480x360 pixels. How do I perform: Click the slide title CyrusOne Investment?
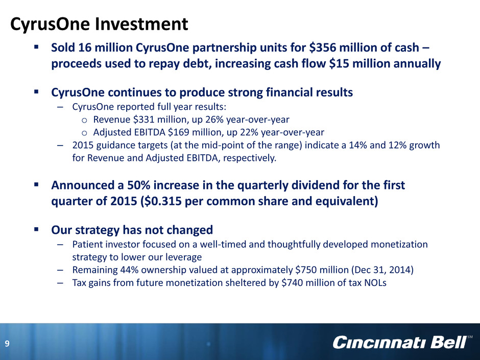pyautogui.click(x=99, y=25)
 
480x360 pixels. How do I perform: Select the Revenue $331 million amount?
pyautogui.click(x=145, y=119)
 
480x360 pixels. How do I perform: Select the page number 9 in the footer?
pyautogui.click(x=7, y=344)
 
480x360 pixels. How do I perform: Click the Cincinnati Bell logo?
pyautogui.click(x=402, y=342)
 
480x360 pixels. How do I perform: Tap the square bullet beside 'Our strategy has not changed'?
pyautogui.click(x=36, y=229)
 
